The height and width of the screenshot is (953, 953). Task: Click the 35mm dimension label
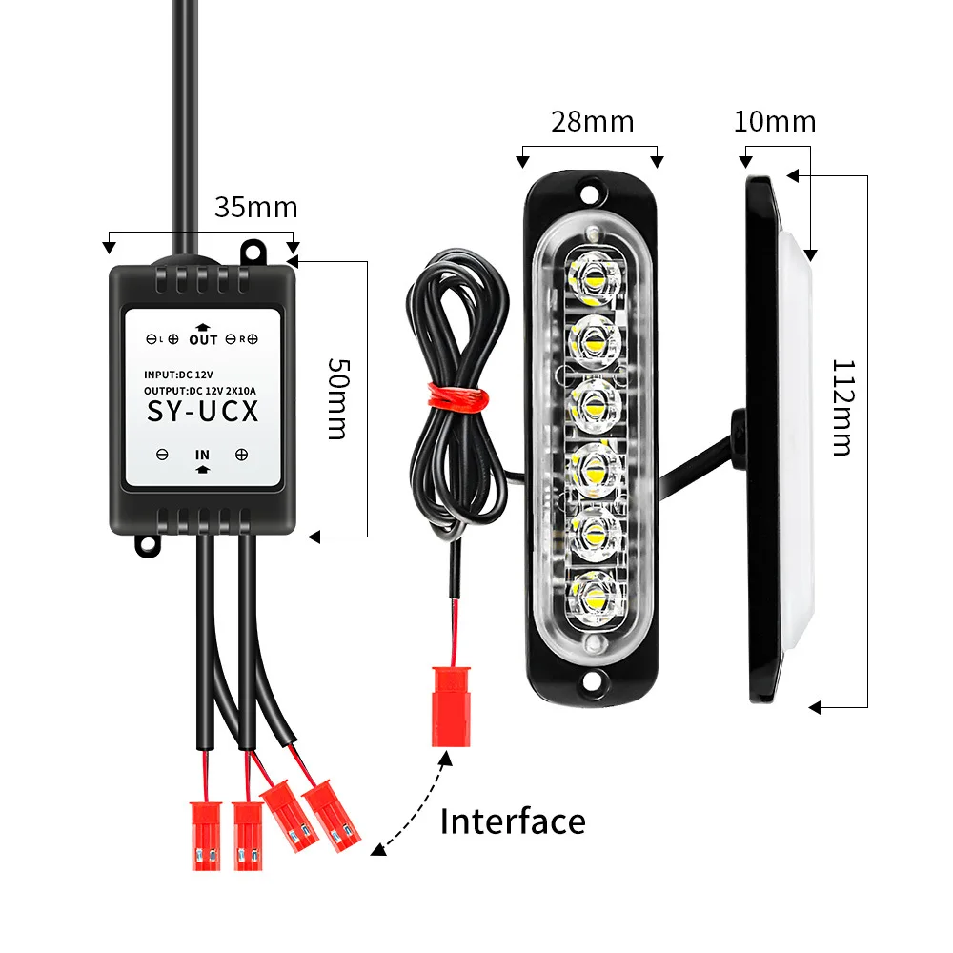click(255, 208)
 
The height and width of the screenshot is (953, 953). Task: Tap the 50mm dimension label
click(338, 398)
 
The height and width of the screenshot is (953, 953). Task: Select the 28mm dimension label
click(593, 122)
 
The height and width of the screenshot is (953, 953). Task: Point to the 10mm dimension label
click(775, 122)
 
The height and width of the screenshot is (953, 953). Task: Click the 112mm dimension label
click(843, 407)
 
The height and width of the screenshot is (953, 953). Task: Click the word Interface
click(513, 821)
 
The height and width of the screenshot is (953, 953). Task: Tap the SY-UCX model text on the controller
click(203, 412)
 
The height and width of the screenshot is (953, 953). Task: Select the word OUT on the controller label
click(203, 340)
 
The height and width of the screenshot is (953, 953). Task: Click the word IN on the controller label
click(202, 455)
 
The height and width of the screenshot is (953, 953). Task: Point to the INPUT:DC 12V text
click(179, 375)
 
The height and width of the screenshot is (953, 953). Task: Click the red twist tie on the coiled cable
click(458, 397)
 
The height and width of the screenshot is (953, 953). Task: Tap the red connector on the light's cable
click(451, 707)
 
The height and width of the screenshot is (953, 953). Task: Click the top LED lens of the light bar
click(594, 278)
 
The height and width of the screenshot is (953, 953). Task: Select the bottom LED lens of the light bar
click(594, 598)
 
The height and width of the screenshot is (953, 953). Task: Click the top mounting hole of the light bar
click(588, 194)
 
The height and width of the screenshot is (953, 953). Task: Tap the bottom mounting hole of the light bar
click(588, 680)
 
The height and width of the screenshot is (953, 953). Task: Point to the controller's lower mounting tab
click(148, 545)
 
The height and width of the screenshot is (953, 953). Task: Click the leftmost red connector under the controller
click(206, 837)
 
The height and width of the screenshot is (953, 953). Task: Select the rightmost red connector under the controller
click(332, 816)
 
